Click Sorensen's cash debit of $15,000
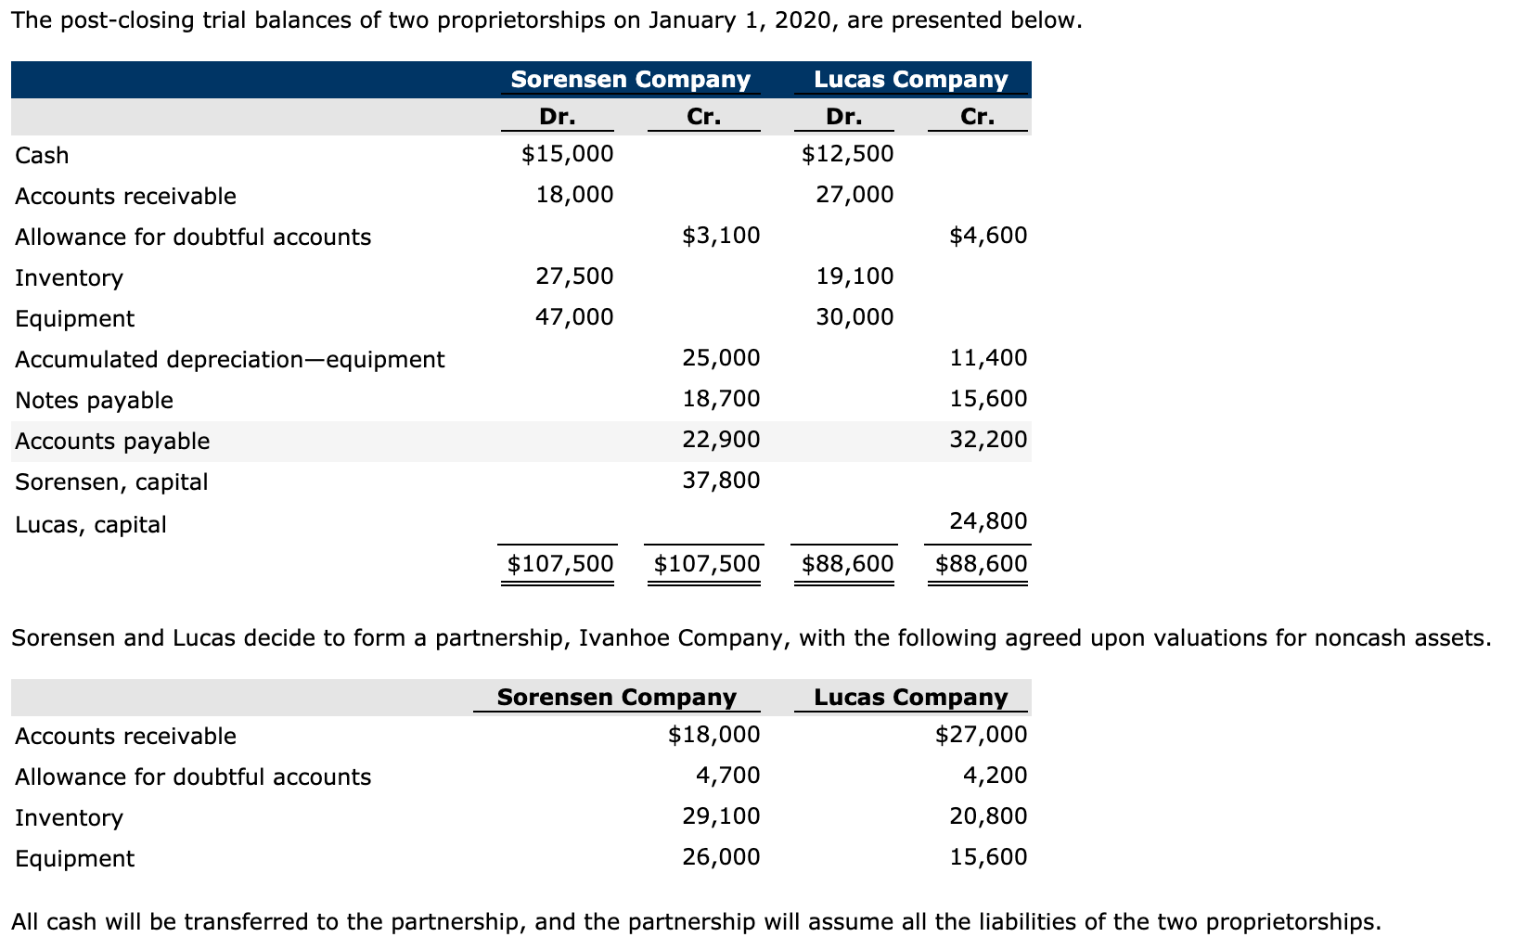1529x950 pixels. click(567, 154)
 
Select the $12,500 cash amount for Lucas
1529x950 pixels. click(847, 154)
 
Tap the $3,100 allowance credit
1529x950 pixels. click(721, 236)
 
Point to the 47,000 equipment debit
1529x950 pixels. click(574, 317)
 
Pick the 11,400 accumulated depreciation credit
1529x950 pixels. click(988, 358)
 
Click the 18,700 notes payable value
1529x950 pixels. click(721, 399)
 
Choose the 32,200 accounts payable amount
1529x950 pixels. click(988, 440)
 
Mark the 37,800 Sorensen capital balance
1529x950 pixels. click(721, 481)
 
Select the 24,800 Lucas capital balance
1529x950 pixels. click(988, 521)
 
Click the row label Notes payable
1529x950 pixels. click(94, 401)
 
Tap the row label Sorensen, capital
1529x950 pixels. click(111, 482)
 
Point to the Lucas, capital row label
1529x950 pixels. click(91, 525)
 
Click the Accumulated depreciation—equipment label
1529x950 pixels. click(229, 360)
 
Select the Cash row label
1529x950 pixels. click(42, 156)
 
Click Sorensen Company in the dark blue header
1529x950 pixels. click(630, 80)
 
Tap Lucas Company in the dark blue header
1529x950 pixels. click(910, 80)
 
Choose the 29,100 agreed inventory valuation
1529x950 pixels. click(721, 816)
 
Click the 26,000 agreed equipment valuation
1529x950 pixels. click(721, 857)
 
